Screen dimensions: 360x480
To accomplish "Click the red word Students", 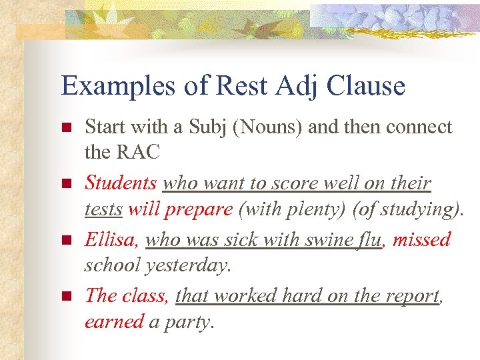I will tap(121, 183).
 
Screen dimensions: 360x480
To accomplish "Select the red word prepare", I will tap(199, 209).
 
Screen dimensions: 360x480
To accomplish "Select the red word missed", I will tap(421, 239).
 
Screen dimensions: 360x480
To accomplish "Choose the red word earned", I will tap(114, 321).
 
